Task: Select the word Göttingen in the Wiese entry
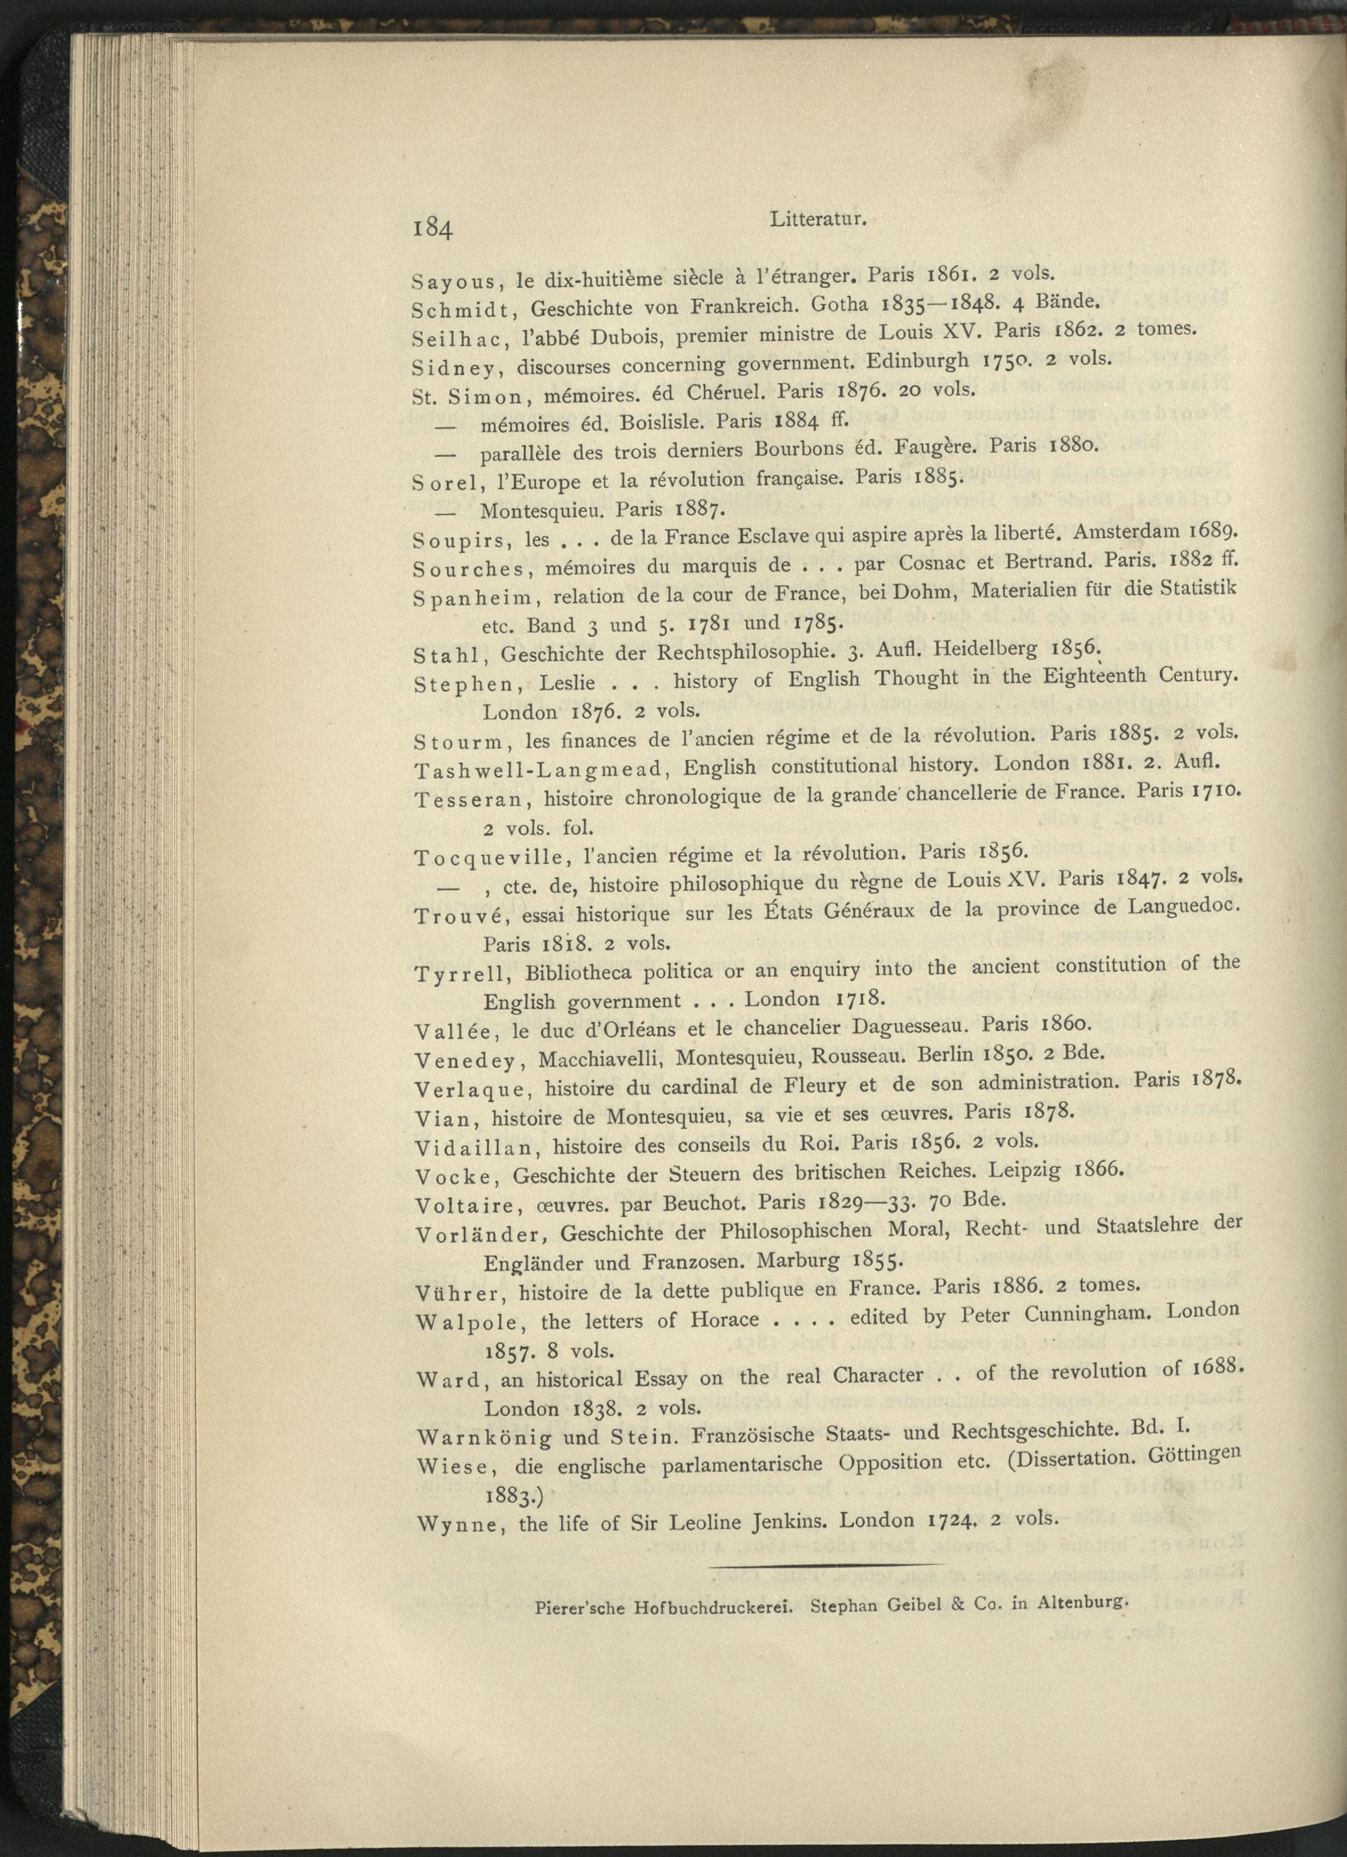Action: [1195, 1456]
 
